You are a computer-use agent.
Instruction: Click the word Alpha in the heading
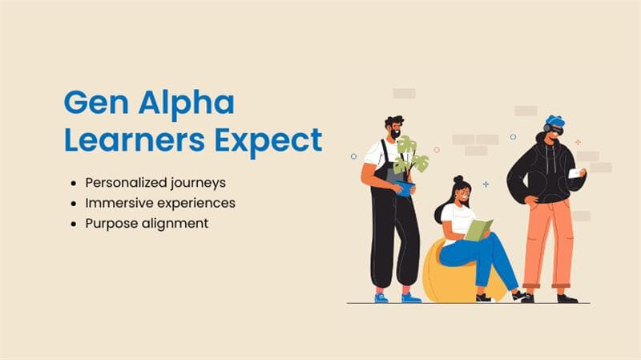point(187,104)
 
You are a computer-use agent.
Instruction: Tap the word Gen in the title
point(96,103)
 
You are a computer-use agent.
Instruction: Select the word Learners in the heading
point(135,140)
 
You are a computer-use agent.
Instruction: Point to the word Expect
point(268,142)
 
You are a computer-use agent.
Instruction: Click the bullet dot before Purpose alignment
point(74,224)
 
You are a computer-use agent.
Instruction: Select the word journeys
point(198,184)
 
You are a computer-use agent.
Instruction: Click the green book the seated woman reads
point(478,229)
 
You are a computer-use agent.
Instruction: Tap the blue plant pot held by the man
point(405,188)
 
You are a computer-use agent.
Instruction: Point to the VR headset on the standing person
point(555,130)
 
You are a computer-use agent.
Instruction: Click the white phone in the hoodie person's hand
point(574,173)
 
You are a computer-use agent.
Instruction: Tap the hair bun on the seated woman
point(458,179)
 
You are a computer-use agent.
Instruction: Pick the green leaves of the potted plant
point(410,156)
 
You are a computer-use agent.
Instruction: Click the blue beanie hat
point(555,120)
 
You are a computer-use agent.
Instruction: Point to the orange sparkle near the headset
point(578,142)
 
